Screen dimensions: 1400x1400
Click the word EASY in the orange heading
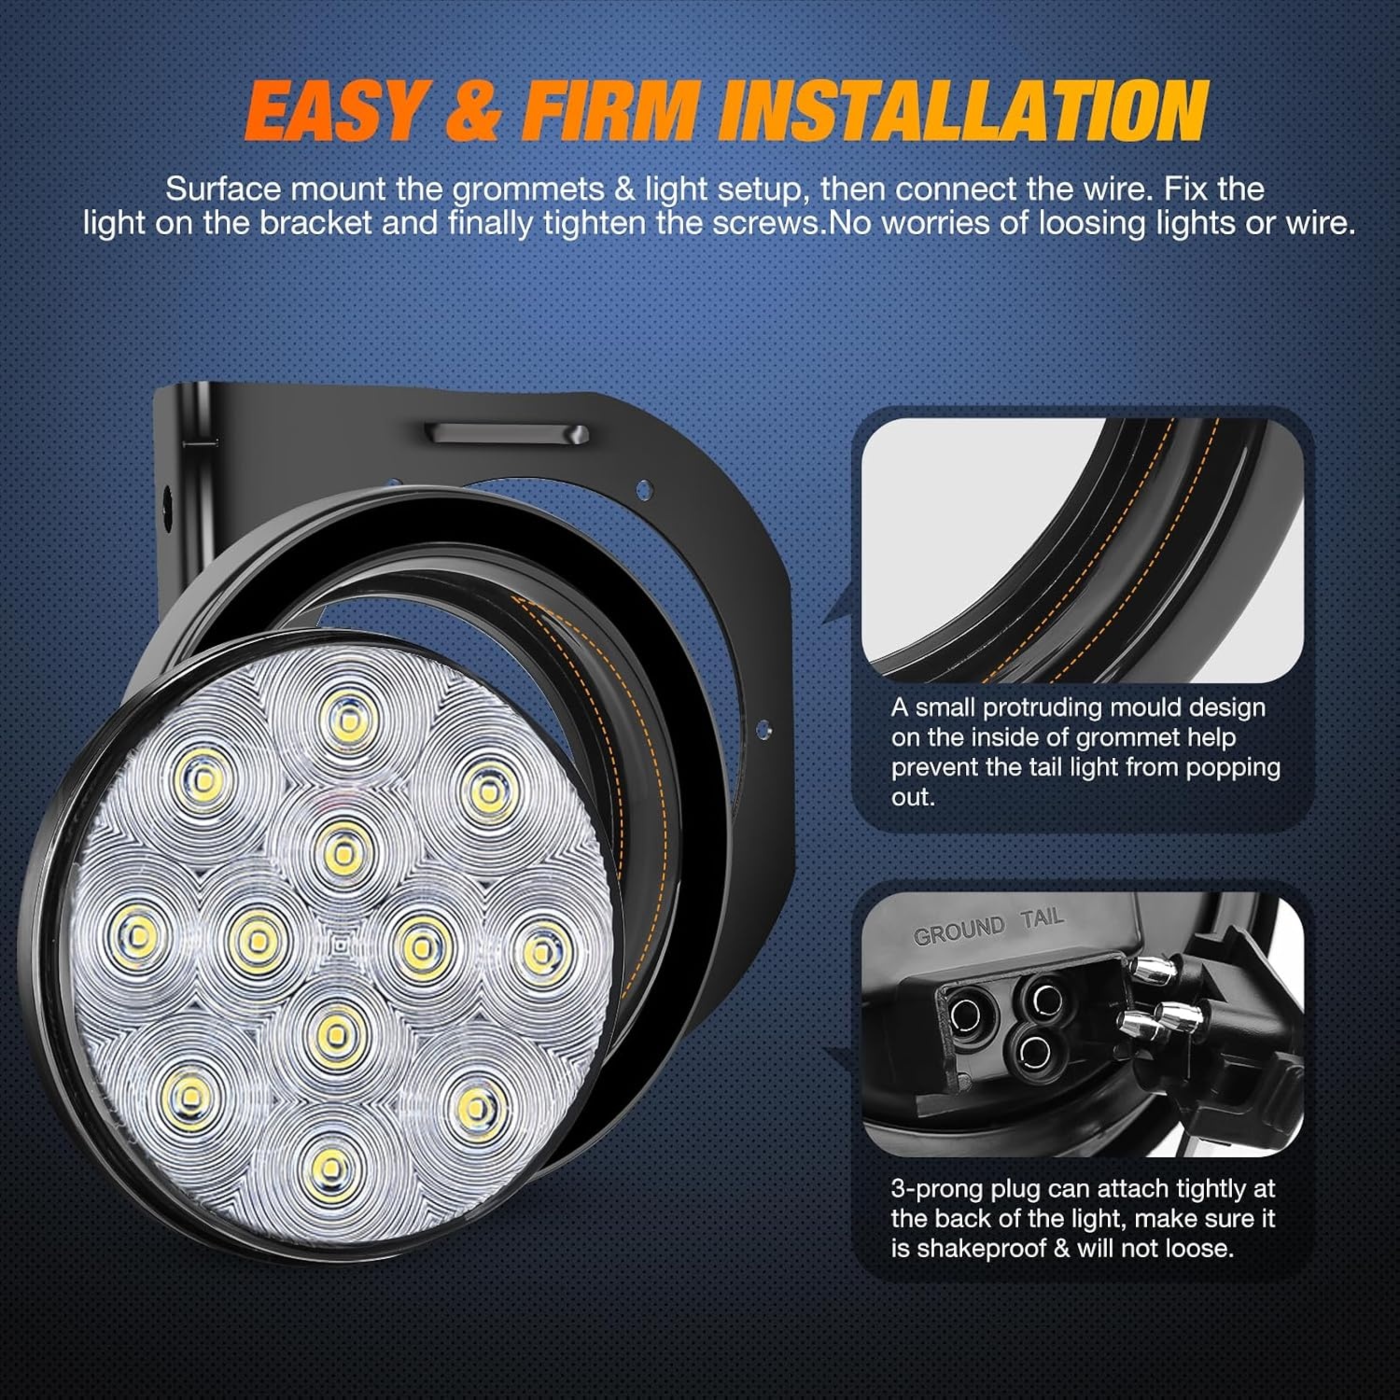(x=334, y=111)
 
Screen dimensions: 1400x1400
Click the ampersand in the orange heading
(x=473, y=111)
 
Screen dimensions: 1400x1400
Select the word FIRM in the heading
(x=610, y=111)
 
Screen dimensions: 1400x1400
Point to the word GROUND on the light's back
(x=959, y=931)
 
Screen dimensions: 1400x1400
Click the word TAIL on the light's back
(x=1043, y=918)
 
